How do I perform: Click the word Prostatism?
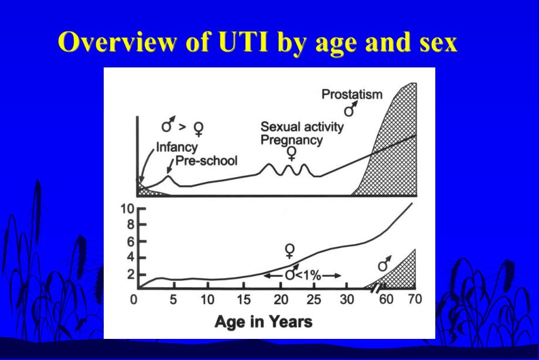[x=352, y=94]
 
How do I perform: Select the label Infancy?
[x=177, y=147]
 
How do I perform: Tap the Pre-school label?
[x=207, y=160]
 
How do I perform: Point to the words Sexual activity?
[x=302, y=127]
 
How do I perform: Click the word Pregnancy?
[x=291, y=140]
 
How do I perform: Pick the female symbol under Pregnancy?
[x=291, y=154]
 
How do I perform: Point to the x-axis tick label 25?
[x=314, y=301]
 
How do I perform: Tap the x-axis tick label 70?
[x=415, y=301]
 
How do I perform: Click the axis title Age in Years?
[x=263, y=321]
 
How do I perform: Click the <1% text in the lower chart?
[x=307, y=276]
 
